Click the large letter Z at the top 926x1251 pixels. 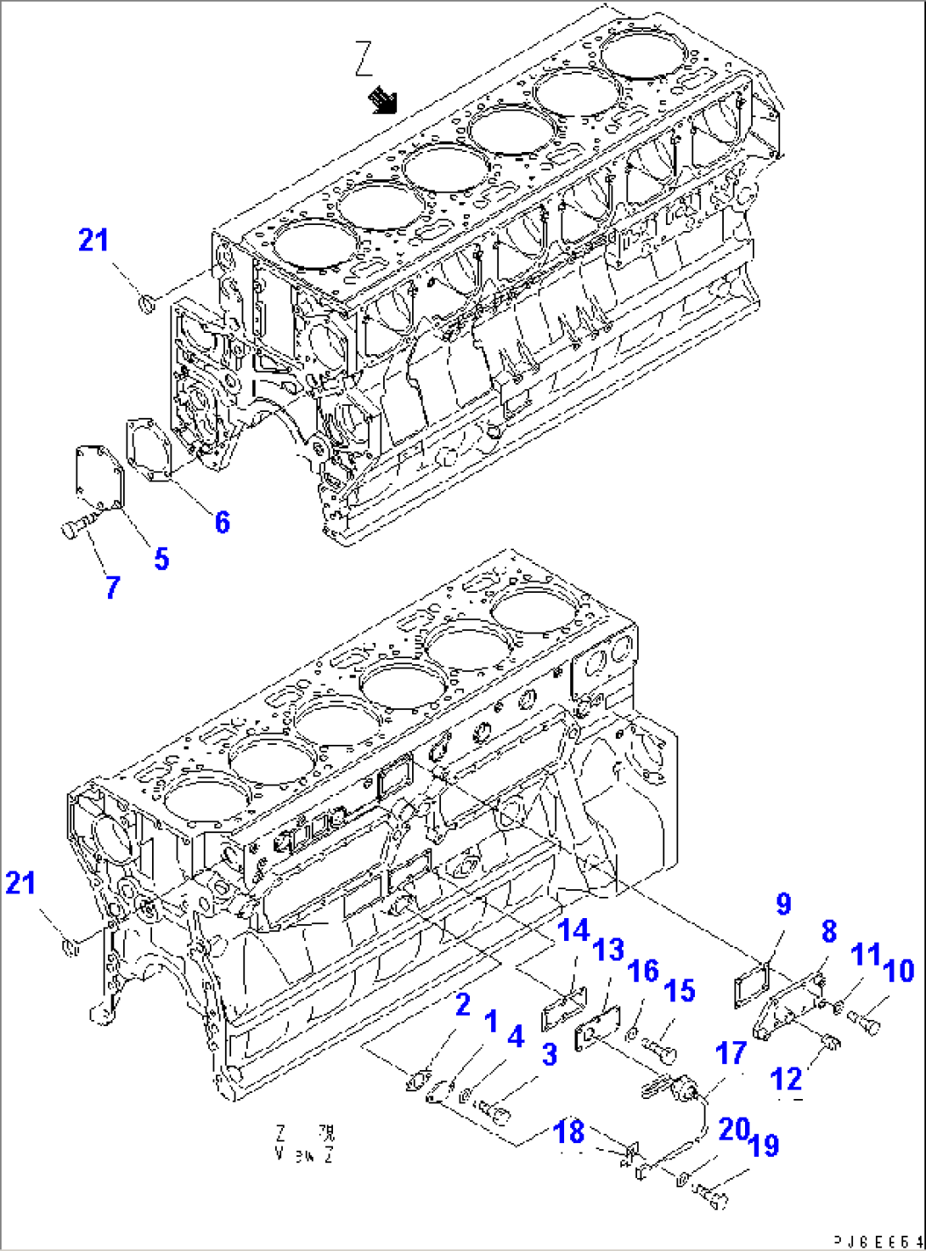pyautogui.click(x=364, y=60)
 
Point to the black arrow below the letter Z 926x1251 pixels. pyautogui.click(x=383, y=100)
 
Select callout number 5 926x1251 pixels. pyautogui.click(x=161, y=558)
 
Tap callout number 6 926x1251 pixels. pyautogui.click(x=222, y=521)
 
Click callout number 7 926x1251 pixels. pyautogui.click(x=113, y=587)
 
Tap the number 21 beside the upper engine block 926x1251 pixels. pyautogui.click(x=93, y=240)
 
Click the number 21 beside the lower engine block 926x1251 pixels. pyautogui.click(x=20, y=883)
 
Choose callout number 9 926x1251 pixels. pyautogui.click(x=782, y=904)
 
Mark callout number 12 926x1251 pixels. pyautogui.click(x=786, y=1079)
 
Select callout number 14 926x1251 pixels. pyautogui.click(x=573, y=931)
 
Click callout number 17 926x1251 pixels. pyautogui.click(x=731, y=1054)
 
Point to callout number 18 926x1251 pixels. pyautogui.click(x=570, y=1131)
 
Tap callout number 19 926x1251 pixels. pyautogui.click(x=765, y=1145)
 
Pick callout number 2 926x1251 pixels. pyautogui.click(x=462, y=1005)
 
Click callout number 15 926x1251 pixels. pyautogui.click(x=679, y=990)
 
